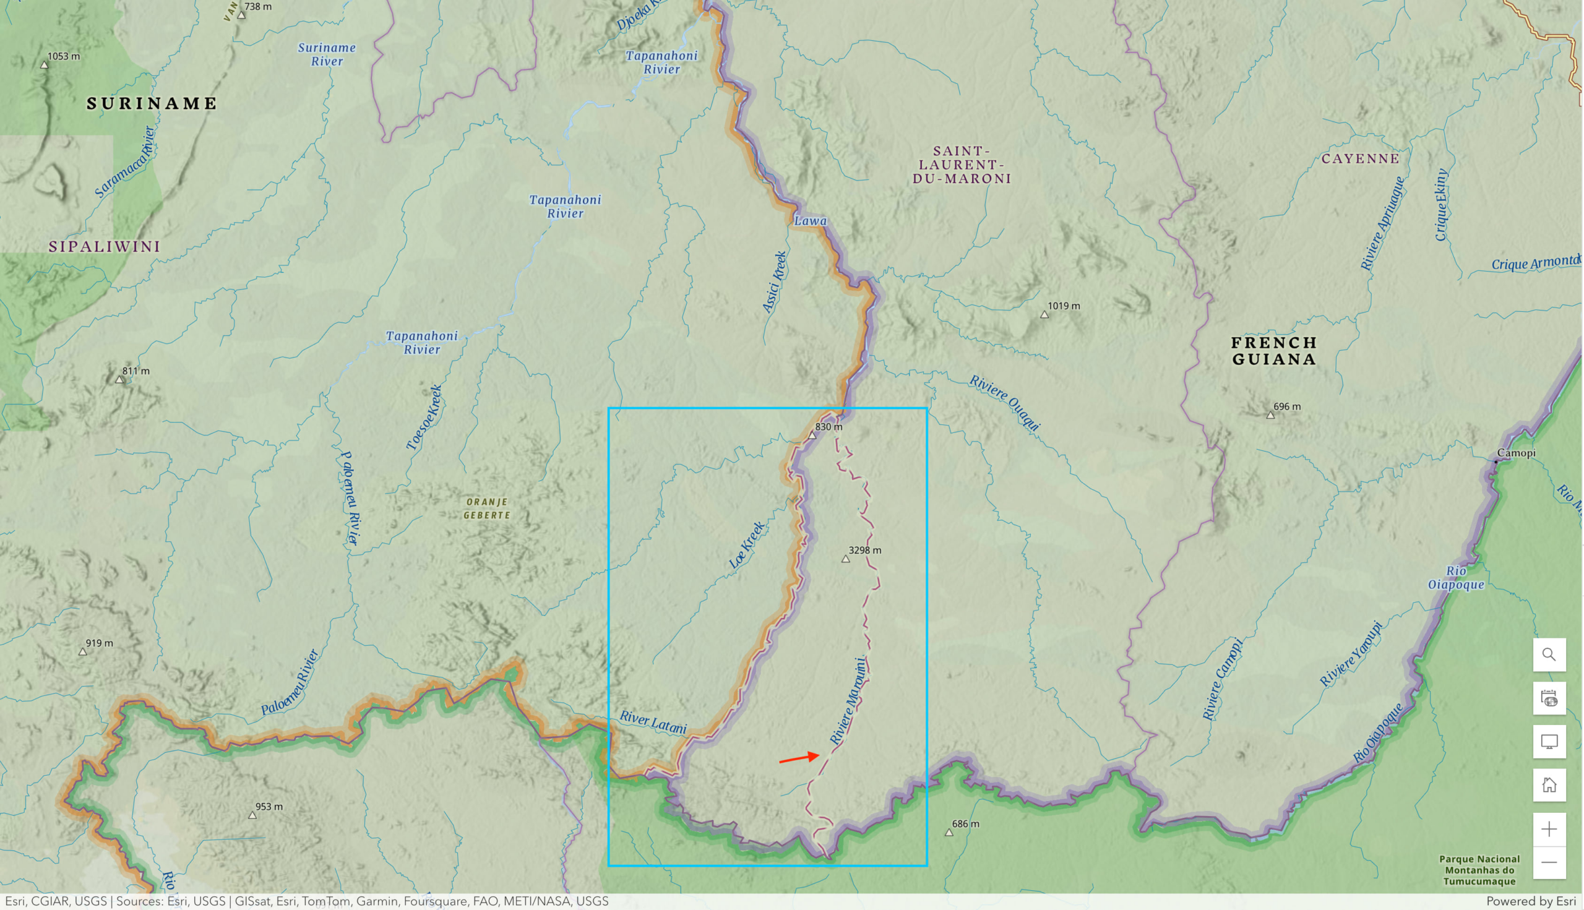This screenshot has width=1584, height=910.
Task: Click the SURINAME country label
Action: pos(151,103)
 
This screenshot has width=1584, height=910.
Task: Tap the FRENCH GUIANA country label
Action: pos(1273,351)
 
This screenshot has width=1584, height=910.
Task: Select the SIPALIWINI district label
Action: pos(105,246)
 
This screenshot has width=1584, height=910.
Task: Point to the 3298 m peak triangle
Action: pos(845,559)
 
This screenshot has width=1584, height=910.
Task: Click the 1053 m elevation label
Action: pos(63,56)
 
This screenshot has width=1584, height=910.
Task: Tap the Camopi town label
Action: pos(1515,453)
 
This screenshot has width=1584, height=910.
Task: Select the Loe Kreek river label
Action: pos(746,545)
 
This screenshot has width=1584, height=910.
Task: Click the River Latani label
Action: pos(653,723)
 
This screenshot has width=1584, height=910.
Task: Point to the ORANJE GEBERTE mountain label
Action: pos(487,508)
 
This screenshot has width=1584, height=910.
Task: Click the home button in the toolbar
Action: pos(1548,785)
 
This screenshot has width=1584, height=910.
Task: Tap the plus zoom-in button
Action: pos(1548,829)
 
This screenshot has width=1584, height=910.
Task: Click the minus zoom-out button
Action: pos(1548,862)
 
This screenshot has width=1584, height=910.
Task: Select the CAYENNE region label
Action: pos(1360,159)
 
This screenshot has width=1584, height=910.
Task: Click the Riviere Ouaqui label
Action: pos(1004,403)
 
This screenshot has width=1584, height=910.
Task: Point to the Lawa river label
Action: pos(810,221)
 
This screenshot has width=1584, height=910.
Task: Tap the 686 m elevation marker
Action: pos(949,832)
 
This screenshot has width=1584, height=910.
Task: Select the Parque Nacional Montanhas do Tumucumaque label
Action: pos(1479,870)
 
